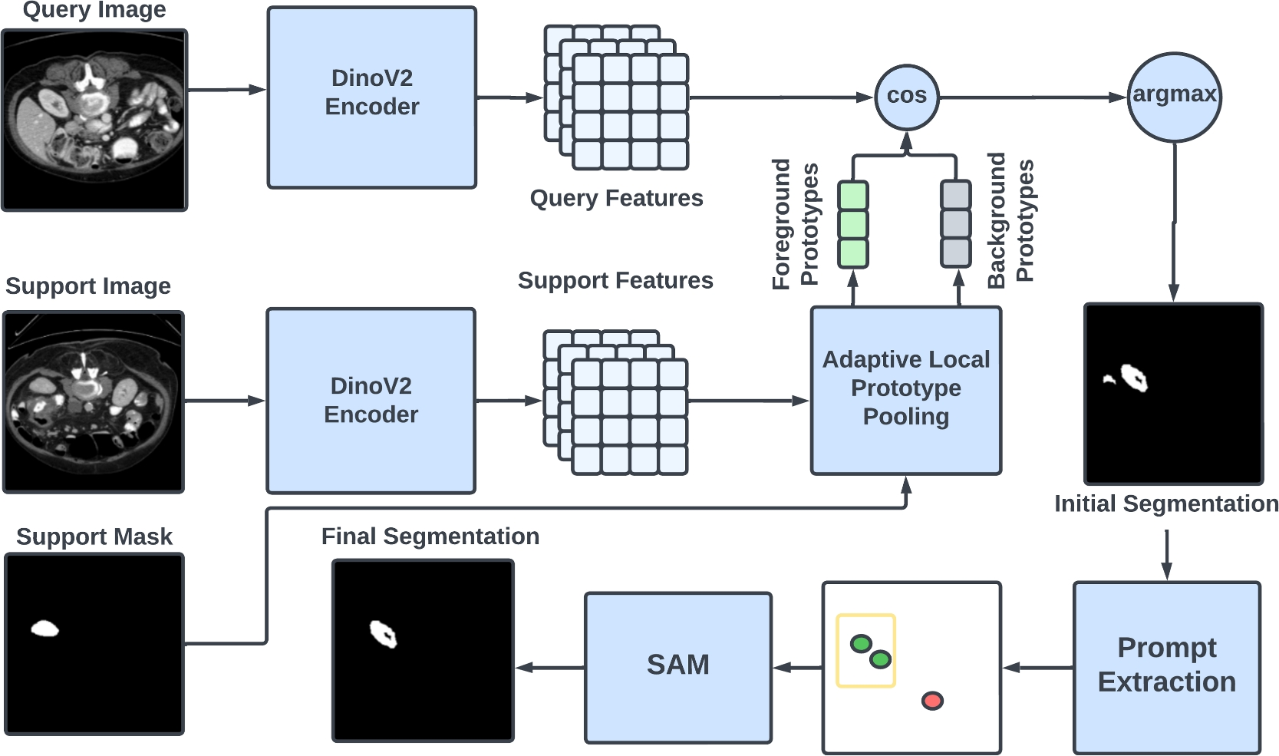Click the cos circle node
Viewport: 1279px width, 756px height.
click(906, 97)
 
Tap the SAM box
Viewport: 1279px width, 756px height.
click(677, 666)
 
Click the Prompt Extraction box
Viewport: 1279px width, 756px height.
click(1166, 666)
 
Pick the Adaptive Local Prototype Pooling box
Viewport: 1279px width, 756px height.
click(905, 390)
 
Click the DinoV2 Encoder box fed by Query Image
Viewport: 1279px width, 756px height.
click(371, 97)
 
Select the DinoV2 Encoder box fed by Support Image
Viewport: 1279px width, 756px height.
click(371, 400)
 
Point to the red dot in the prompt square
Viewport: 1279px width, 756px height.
click(932, 700)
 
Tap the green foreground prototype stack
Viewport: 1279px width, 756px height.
click(852, 224)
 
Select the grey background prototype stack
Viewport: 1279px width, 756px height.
click(955, 224)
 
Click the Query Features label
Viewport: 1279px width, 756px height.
click(616, 198)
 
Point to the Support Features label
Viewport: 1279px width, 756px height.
click(615, 280)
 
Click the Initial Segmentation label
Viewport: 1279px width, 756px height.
click(1165, 503)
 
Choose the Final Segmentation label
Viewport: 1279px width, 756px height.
click(430, 536)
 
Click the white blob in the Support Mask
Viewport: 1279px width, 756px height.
click(45, 629)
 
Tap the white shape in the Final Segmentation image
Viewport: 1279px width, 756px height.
click(383, 634)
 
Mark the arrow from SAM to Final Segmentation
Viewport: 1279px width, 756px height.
click(550, 667)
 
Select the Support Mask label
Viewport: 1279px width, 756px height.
click(94, 536)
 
